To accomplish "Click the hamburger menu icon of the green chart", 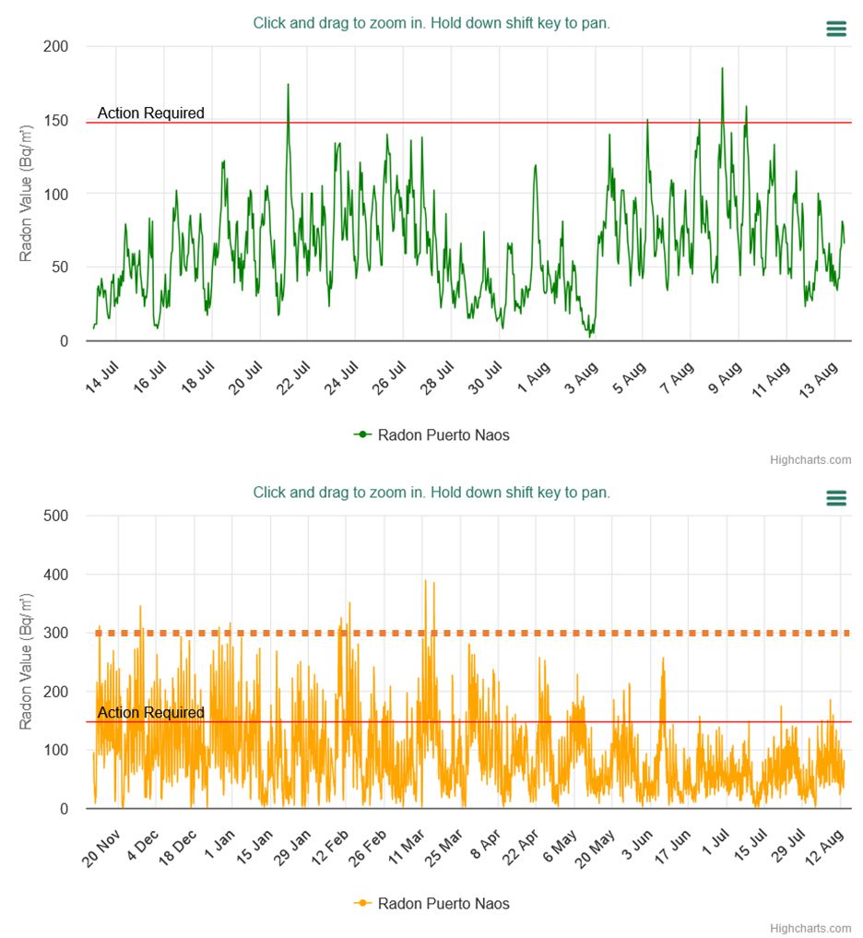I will click(x=835, y=30).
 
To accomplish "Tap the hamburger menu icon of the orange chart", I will click(x=835, y=498).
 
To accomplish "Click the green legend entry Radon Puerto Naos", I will click(x=431, y=434).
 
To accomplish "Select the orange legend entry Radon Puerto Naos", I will click(x=431, y=903).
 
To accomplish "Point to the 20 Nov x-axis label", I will click(x=103, y=846).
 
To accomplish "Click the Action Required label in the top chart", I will click(x=151, y=113).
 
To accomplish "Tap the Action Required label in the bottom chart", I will click(x=151, y=713).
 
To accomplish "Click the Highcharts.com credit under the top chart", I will click(x=810, y=459).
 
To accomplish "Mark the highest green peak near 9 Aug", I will click(x=722, y=69).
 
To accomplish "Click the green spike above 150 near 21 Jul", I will click(x=288, y=86).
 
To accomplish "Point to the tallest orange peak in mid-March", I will click(x=425, y=581).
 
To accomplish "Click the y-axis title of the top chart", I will click(x=27, y=194).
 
